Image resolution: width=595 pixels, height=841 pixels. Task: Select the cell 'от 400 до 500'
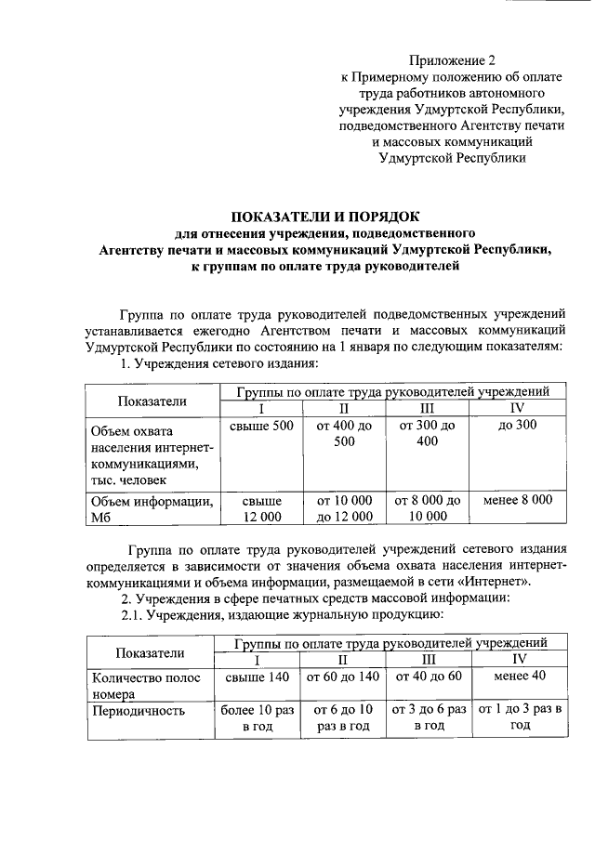click(x=344, y=434)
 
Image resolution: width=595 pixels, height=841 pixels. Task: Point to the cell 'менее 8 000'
click(x=518, y=500)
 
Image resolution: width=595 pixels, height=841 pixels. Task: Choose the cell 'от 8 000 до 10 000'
click(x=427, y=508)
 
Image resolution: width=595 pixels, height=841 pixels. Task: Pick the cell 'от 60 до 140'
click(x=343, y=677)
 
